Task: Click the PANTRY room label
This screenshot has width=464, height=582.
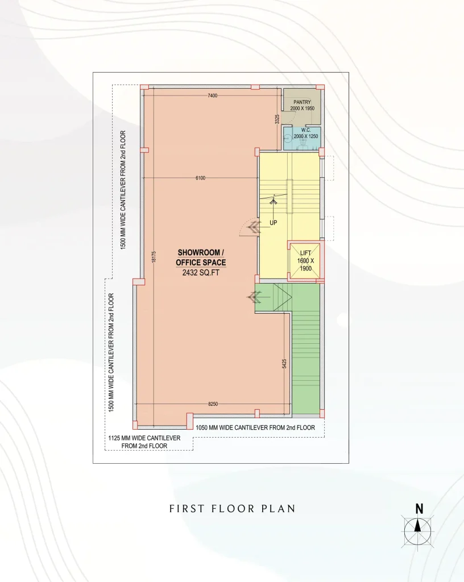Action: (302, 102)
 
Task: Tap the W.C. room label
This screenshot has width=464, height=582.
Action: (306, 130)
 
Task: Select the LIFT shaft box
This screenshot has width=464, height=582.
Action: (305, 261)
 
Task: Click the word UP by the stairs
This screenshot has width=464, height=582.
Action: (273, 223)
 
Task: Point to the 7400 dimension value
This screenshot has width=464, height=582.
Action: (212, 95)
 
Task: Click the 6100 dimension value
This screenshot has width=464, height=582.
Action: (201, 178)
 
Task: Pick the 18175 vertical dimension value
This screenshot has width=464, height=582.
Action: (154, 257)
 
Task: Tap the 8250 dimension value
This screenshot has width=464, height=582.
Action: (213, 404)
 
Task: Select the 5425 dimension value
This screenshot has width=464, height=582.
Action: (284, 364)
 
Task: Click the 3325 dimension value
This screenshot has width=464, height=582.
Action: (277, 119)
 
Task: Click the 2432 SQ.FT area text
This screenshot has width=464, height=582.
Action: (201, 273)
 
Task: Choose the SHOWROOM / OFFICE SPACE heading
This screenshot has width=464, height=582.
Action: (201, 257)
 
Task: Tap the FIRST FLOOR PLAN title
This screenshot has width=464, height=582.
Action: (233, 509)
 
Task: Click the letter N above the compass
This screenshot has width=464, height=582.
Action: (419, 509)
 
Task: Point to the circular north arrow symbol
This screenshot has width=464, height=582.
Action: (417, 531)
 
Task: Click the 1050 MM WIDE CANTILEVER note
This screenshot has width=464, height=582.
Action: (255, 427)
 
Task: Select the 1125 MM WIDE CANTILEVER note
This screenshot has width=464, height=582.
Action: (144, 442)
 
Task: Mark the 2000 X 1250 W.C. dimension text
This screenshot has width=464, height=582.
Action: (306, 136)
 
